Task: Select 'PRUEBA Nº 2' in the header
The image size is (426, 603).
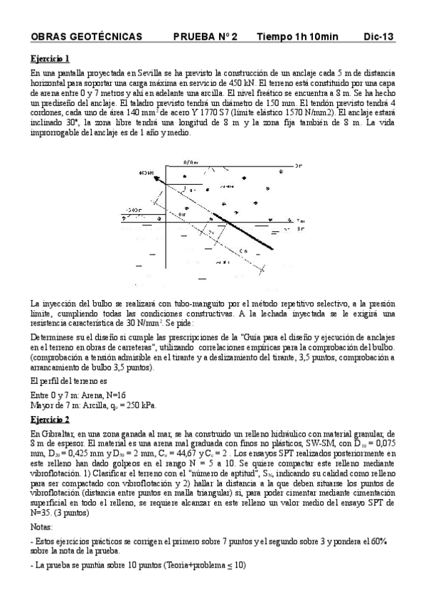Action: point(206,36)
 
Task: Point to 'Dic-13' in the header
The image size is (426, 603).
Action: point(378,36)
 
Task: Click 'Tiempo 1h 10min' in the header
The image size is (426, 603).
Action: point(298,36)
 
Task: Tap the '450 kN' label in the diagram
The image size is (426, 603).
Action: point(147,172)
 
